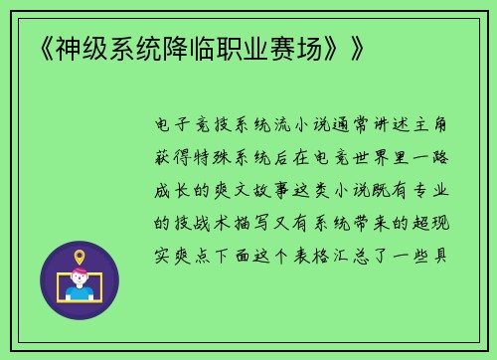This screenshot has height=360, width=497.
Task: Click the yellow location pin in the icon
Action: [x=79, y=258]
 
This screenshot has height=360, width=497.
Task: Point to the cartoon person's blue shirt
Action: [x=79, y=293]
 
